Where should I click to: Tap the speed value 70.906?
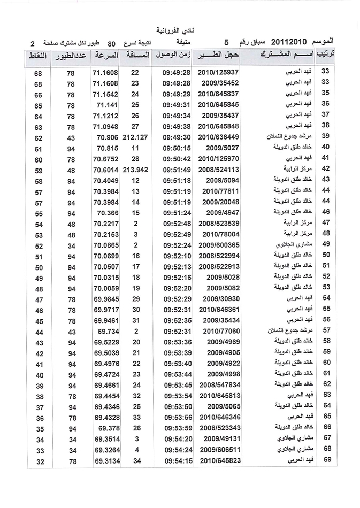108,137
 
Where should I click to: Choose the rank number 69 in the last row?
326,460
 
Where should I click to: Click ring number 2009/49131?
221,438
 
